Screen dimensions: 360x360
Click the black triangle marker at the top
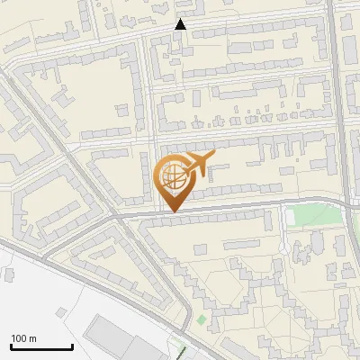click(x=181, y=24)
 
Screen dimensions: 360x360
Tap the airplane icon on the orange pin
click(x=198, y=165)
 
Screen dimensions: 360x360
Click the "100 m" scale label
click(x=24, y=338)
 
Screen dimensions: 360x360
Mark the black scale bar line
click(x=41, y=346)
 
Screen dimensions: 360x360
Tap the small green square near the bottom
click(x=202, y=319)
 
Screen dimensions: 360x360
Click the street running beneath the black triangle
click(x=180, y=36)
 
